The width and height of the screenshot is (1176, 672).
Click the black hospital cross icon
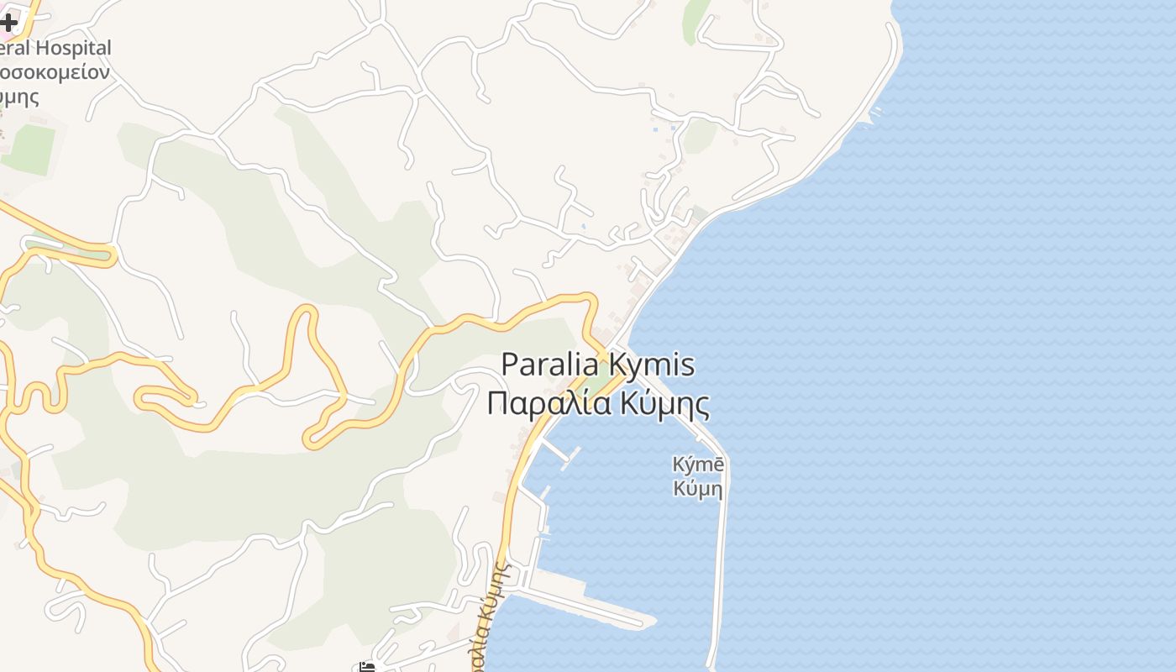click(8, 22)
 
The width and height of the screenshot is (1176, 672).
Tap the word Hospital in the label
click(71, 48)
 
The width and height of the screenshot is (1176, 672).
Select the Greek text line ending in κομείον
click(54, 72)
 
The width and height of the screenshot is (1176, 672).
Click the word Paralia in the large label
click(550, 365)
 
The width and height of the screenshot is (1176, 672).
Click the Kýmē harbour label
click(697, 464)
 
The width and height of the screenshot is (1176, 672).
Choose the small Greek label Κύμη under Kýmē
click(697, 487)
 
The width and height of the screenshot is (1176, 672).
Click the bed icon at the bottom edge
click(367, 667)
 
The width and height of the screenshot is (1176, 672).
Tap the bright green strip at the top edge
click(696, 18)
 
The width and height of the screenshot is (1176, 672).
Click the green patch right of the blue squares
click(699, 135)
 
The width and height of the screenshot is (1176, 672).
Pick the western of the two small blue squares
click(655, 129)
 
